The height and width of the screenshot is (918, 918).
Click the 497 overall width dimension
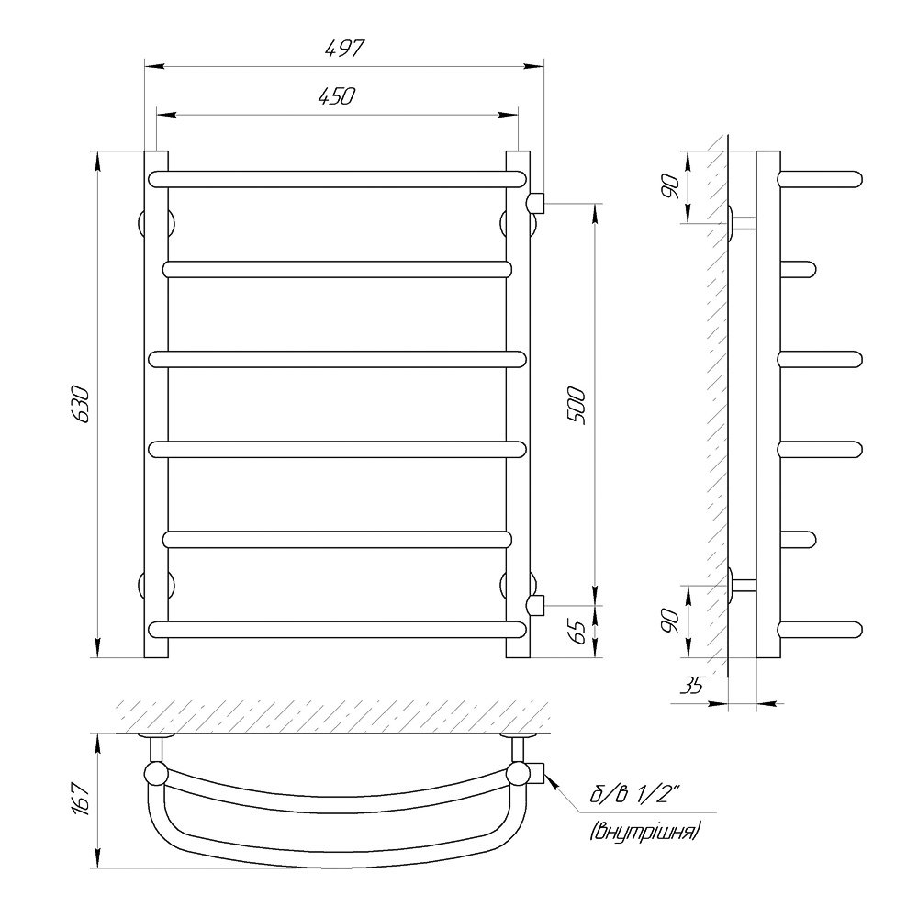345,48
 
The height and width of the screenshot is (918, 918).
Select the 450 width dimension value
337,96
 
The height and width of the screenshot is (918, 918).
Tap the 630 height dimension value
80,405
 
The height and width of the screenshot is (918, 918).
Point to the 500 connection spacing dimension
577,405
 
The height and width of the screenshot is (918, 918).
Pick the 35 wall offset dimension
691,685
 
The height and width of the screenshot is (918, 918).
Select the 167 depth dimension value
80,800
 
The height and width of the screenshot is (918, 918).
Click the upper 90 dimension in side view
670,186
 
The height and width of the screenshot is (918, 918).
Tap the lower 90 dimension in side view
670,620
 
